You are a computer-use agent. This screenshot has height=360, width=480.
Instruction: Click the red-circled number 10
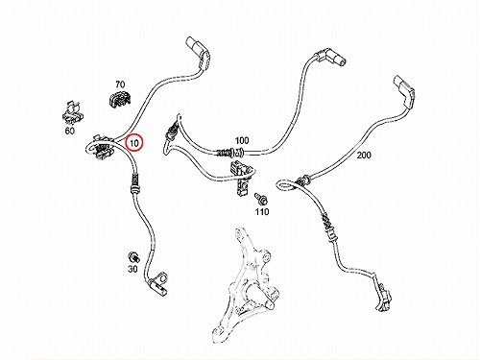134,143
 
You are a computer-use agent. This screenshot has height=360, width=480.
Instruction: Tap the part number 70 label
120,84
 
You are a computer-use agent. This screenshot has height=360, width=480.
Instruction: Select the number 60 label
69,131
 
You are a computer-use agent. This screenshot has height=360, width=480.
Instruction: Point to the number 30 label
132,269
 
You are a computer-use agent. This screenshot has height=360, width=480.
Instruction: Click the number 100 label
242,140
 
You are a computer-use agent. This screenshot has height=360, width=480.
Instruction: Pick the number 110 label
262,211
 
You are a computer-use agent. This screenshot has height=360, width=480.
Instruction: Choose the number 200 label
364,156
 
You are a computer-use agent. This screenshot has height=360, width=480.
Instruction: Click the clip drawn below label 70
120,99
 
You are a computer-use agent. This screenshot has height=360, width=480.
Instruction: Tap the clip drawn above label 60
72,113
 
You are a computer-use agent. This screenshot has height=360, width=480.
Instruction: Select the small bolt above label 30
132,257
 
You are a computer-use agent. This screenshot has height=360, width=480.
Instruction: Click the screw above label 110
261,199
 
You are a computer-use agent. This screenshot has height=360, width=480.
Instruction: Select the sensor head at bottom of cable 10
157,283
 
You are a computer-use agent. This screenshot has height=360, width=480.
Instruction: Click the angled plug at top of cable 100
329,58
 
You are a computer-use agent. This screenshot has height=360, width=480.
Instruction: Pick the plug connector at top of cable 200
405,92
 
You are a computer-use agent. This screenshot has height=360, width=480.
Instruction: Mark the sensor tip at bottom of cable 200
383,297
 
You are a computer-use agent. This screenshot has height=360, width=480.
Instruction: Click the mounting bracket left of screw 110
241,178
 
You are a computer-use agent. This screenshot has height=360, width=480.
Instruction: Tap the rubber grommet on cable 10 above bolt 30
135,185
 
